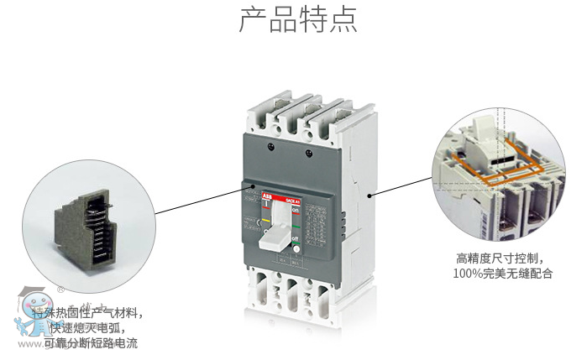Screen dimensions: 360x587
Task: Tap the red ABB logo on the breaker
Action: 265,195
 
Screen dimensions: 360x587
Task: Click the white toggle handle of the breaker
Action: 276,236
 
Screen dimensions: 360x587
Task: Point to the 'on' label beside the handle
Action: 295,210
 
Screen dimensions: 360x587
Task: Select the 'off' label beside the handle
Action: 295,238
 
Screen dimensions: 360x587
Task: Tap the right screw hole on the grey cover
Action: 310,153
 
